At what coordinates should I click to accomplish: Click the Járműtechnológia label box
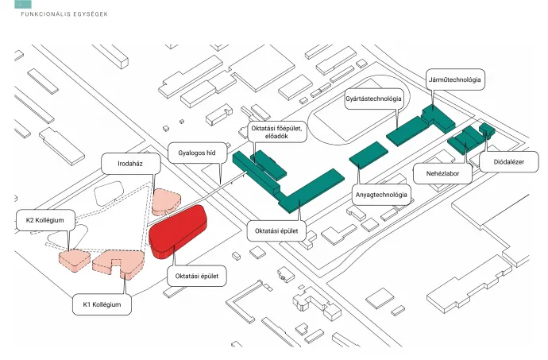(x=455, y=80)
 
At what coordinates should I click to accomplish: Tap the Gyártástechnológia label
(x=373, y=99)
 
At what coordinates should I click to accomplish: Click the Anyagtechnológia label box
(x=380, y=195)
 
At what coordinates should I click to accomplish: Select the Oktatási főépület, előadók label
(x=269, y=132)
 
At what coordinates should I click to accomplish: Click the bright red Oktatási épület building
(x=179, y=230)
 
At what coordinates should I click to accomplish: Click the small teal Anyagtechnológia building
(x=366, y=154)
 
